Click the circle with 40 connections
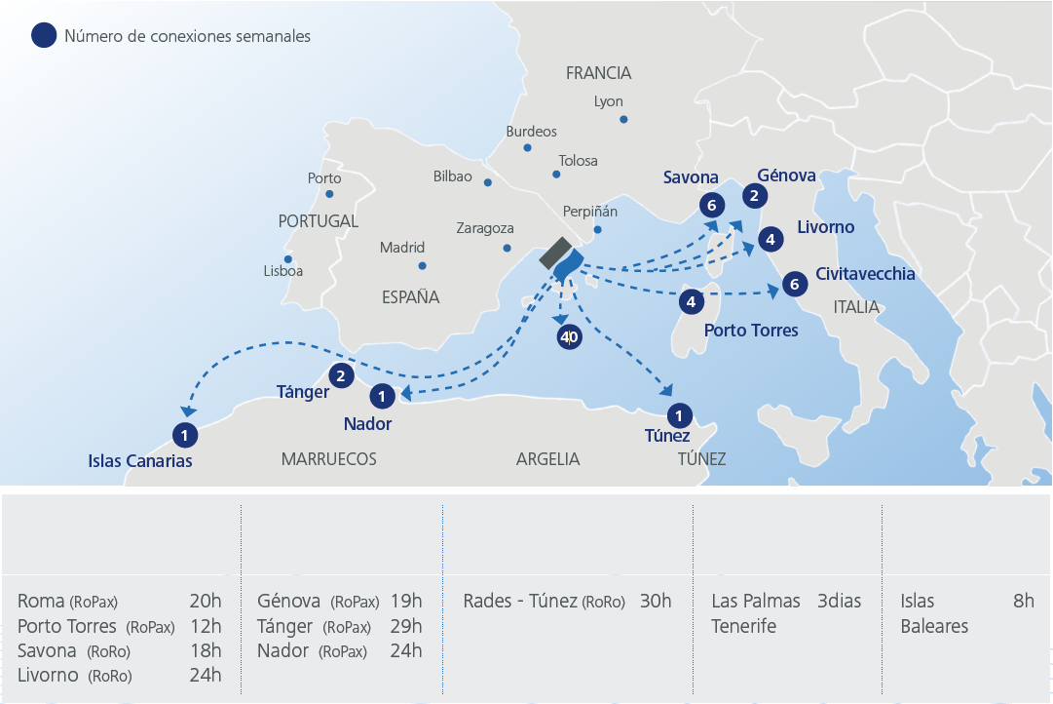(568, 337)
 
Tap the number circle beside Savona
(712, 205)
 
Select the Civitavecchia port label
(865, 274)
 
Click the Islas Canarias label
(139, 461)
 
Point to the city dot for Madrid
(422, 265)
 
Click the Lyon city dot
(623, 120)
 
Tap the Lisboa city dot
(288, 258)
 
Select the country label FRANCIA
(598, 73)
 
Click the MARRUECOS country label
(328, 459)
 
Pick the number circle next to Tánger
(340, 375)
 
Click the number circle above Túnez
(679, 413)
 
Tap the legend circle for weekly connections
(44, 36)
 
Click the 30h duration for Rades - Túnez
(656, 601)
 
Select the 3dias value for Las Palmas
(839, 601)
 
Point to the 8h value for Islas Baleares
(1023, 601)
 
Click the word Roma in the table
(41, 601)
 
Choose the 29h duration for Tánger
(405, 626)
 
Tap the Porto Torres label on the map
(750, 331)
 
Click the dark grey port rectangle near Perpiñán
(555, 252)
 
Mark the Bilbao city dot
(488, 182)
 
